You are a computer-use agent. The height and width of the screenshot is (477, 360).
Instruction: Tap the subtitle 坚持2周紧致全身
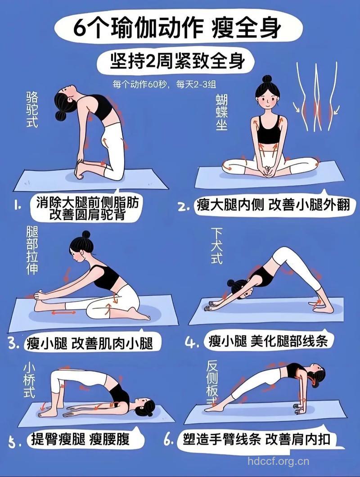click(178, 61)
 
